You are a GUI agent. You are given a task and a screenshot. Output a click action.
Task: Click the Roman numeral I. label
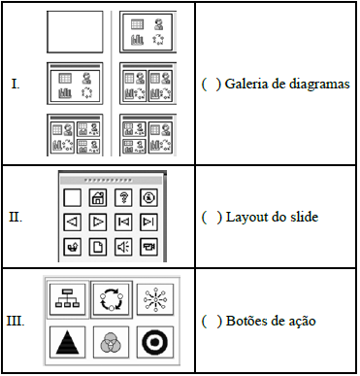(x=16, y=85)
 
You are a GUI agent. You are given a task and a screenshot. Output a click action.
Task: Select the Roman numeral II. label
(x=16, y=217)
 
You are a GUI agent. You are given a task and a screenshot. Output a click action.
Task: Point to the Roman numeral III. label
(x=16, y=322)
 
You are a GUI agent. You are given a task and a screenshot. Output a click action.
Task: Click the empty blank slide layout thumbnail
(x=75, y=32)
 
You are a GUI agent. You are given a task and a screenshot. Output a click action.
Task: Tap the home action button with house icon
(x=98, y=197)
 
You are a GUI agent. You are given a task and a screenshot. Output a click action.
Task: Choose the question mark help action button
(x=123, y=197)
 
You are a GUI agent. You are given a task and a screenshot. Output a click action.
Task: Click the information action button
(x=148, y=197)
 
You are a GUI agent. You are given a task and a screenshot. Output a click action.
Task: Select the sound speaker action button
(x=123, y=247)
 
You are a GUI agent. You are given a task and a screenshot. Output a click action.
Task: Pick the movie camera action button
(x=148, y=247)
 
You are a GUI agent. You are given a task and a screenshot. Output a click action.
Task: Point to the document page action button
(x=98, y=247)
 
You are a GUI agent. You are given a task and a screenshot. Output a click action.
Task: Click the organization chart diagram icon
(x=68, y=299)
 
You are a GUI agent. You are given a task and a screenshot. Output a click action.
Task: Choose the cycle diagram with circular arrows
(x=112, y=299)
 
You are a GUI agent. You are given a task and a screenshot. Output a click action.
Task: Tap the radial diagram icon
(x=155, y=299)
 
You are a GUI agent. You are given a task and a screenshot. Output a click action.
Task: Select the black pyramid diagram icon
(x=68, y=342)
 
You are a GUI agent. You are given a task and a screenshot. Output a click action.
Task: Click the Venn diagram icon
(x=111, y=342)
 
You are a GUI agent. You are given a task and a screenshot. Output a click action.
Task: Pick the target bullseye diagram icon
(x=155, y=342)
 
